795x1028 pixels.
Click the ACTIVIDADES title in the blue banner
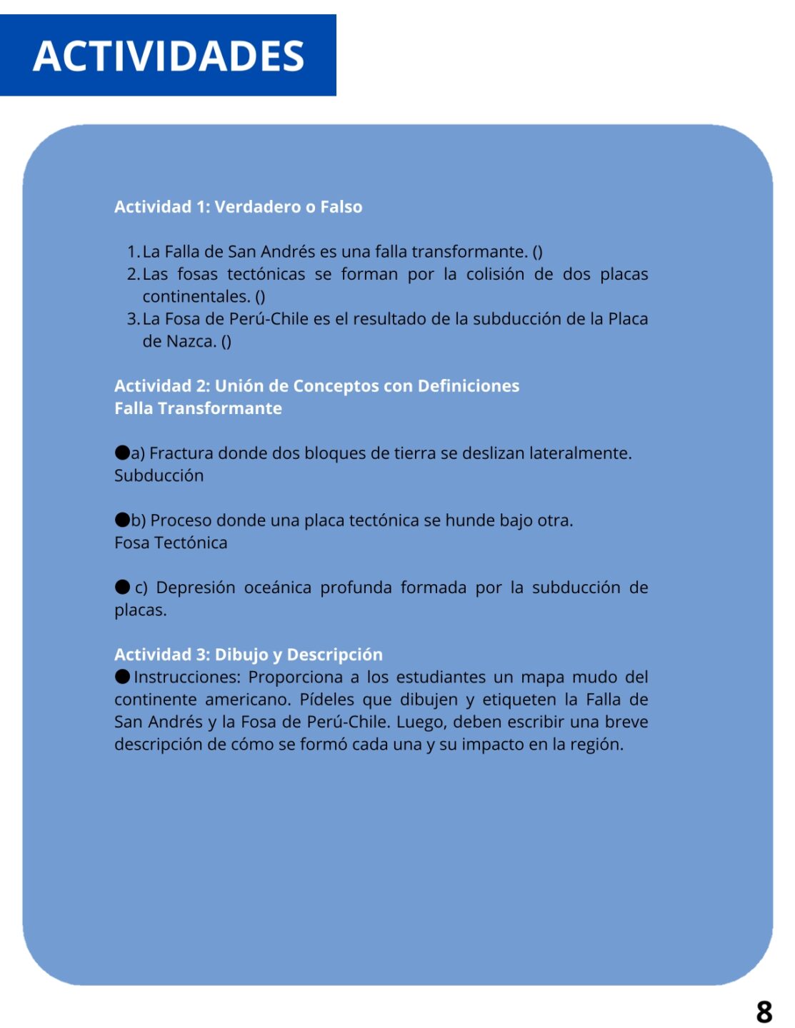point(169,56)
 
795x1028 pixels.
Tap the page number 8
point(764,1012)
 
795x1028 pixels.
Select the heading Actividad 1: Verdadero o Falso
point(238,207)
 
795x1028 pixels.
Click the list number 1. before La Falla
point(133,252)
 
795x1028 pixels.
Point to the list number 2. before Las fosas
point(133,274)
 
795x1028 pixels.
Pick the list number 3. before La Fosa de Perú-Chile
point(133,319)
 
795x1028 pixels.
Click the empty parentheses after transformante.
point(537,252)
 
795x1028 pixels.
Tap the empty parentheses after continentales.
point(260,297)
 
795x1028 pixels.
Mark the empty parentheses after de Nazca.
point(226,342)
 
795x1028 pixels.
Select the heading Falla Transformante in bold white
point(198,408)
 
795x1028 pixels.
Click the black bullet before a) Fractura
point(122,453)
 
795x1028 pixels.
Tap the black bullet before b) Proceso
point(122,520)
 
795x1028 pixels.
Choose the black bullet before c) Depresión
point(122,587)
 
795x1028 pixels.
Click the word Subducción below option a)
point(159,475)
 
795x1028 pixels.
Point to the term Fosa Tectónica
point(171,543)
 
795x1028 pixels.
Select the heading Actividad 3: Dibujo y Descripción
point(248,655)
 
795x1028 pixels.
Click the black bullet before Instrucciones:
point(122,676)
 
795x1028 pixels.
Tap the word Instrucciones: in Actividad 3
point(187,677)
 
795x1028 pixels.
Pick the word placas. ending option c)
point(140,610)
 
